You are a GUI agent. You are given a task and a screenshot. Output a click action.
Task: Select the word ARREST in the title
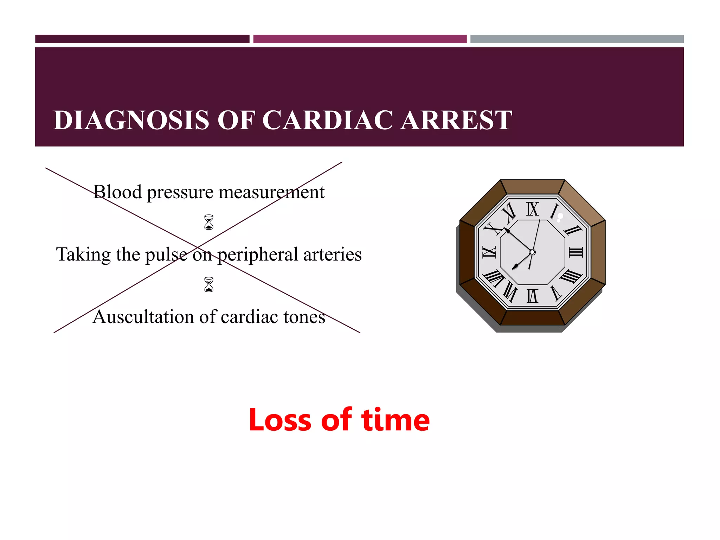(x=456, y=120)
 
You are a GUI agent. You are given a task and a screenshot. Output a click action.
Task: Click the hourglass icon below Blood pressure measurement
(x=209, y=222)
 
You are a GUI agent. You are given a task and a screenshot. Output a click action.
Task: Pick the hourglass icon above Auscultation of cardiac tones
(x=209, y=285)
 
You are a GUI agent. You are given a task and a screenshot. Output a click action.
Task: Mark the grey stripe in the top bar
(x=577, y=39)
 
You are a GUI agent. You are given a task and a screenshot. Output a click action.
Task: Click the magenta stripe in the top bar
(x=360, y=39)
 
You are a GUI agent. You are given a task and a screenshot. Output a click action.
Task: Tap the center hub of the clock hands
(x=532, y=252)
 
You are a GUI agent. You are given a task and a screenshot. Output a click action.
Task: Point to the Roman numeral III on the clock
(x=576, y=252)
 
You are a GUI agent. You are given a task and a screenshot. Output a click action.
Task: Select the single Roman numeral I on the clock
(x=554, y=211)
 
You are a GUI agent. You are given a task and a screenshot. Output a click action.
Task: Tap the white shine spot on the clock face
(x=560, y=217)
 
